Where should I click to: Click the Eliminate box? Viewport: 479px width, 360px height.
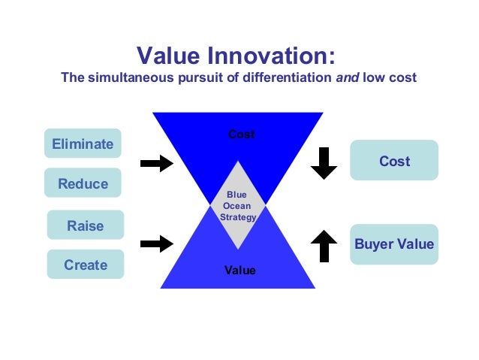click(x=83, y=144)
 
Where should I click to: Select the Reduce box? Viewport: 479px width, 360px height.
click(x=83, y=183)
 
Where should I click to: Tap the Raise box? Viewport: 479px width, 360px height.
click(x=86, y=225)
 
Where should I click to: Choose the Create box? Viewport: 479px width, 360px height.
click(x=86, y=265)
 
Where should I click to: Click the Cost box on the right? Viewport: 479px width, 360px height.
click(x=394, y=161)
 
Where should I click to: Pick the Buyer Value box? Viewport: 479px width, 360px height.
click(x=394, y=244)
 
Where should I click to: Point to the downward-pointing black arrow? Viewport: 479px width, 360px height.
click(x=324, y=163)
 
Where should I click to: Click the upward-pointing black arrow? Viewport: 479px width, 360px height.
click(x=324, y=246)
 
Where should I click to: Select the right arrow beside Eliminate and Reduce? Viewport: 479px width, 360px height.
click(x=157, y=164)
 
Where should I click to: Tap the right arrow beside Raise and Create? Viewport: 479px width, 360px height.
click(x=157, y=243)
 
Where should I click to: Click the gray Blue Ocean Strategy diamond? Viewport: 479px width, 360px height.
click(x=238, y=204)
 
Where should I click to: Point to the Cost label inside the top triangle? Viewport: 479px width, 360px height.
click(x=242, y=135)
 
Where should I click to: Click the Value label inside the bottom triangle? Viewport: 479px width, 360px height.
click(x=240, y=270)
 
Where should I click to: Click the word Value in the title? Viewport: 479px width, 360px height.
click(x=166, y=56)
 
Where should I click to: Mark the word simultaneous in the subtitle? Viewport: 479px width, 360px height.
click(x=123, y=77)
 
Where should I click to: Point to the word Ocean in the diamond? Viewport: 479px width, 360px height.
click(x=237, y=206)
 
